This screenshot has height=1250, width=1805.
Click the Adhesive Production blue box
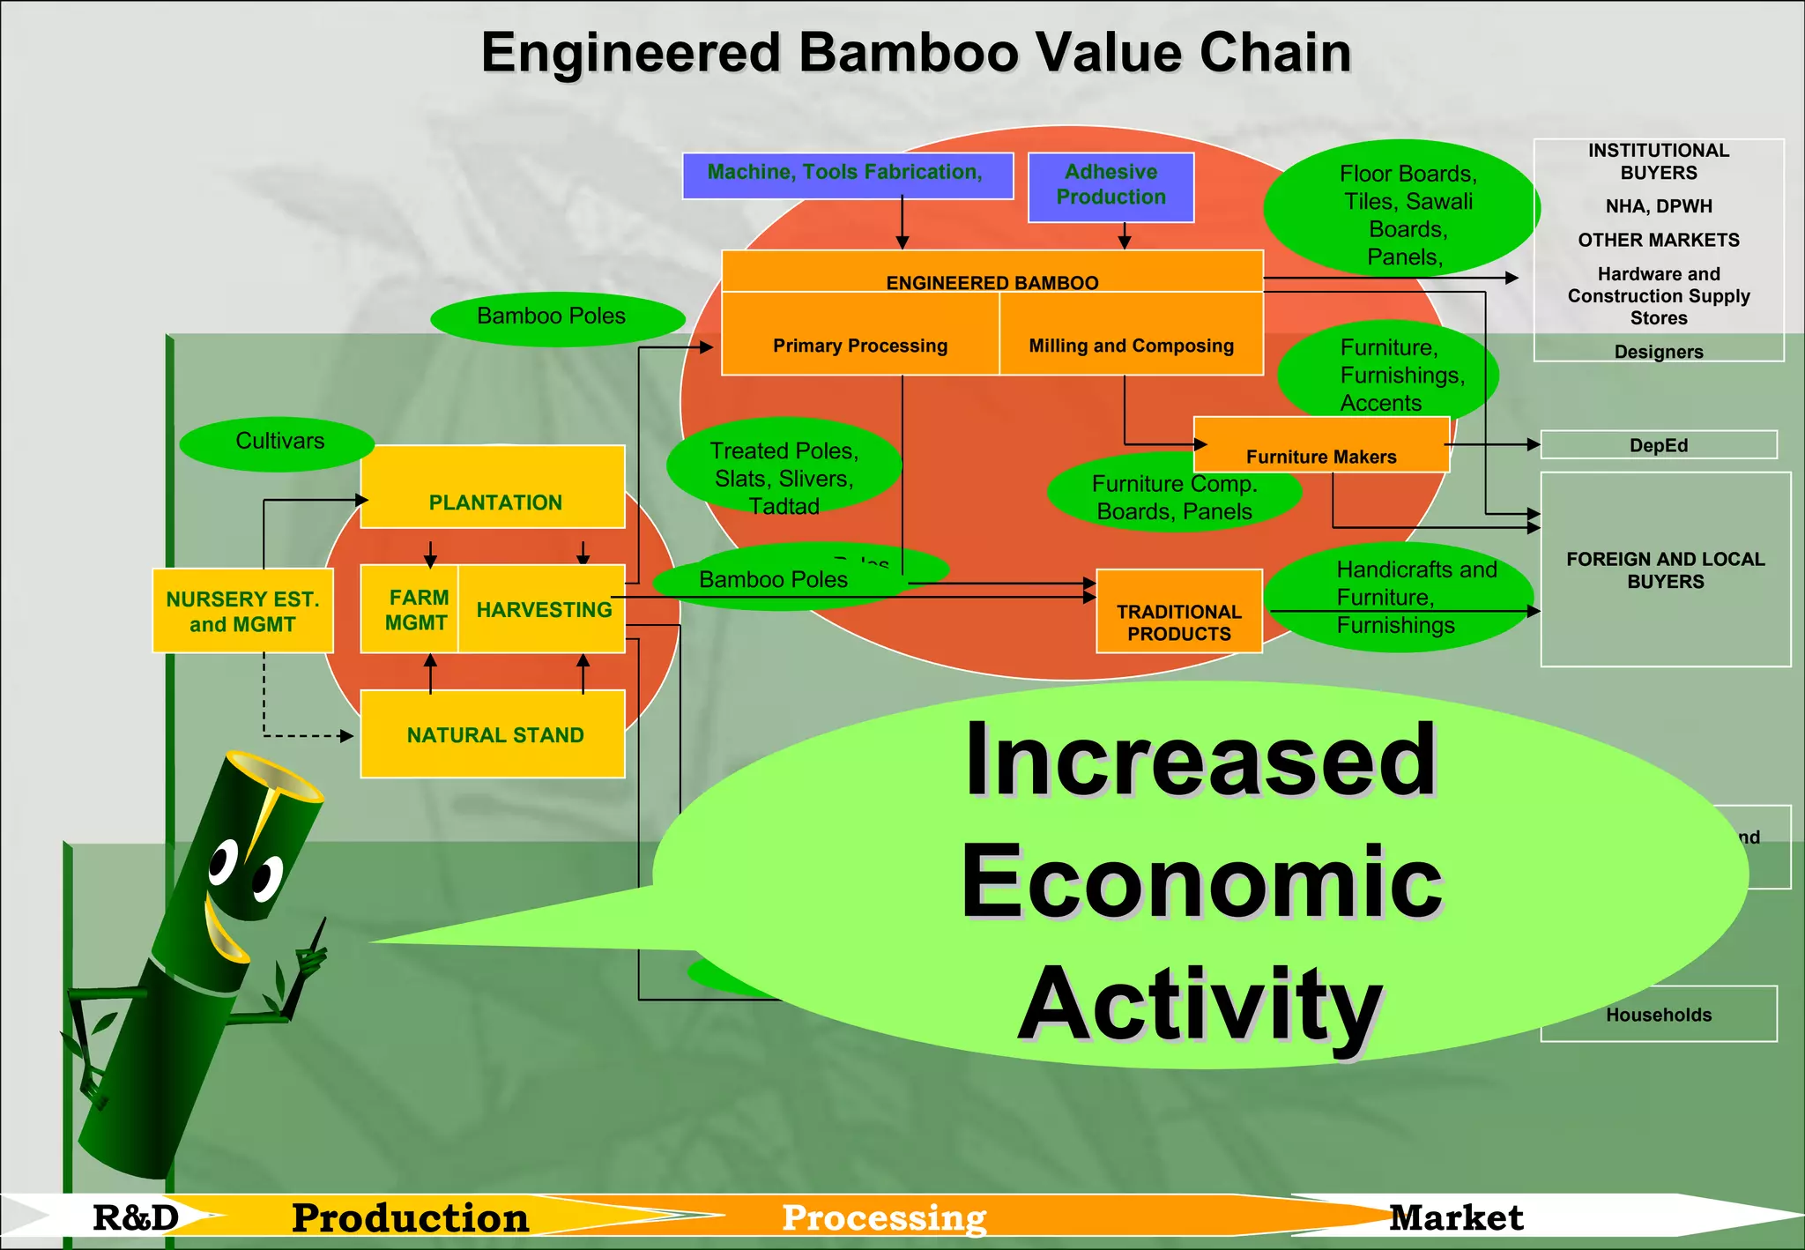[x=1110, y=187]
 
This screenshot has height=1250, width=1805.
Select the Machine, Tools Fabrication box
[x=847, y=175]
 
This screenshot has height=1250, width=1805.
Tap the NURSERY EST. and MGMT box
[x=242, y=611]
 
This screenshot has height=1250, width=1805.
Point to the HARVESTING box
[x=542, y=609]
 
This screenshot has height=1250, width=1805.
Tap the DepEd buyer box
[x=1658, y=445]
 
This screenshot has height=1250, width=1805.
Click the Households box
[x=1658, y=1015]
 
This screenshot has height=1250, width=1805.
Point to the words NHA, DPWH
[x=1658, y=206]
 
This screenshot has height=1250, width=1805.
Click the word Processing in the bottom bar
[x=884, y=1217]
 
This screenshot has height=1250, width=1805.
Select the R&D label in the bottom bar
[x=136, y=1217]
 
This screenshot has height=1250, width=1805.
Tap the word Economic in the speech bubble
[x=1200, y=882]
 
